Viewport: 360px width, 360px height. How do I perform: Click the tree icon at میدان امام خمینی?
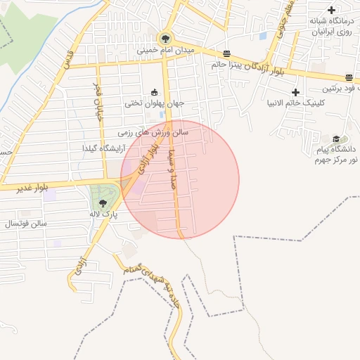pos(165,38)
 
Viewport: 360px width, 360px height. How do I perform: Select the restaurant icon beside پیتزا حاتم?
pos(226,54)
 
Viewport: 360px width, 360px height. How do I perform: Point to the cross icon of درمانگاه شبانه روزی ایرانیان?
pos(331,10)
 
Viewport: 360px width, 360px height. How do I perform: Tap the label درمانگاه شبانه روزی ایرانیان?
pos(332,27)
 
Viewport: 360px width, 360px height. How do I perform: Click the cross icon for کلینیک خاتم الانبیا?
pos(295,92)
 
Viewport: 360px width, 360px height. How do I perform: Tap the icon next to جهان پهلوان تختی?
pos(155,92)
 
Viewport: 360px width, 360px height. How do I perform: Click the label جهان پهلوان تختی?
pos(155,103)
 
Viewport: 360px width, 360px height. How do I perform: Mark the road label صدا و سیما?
pos(170,169)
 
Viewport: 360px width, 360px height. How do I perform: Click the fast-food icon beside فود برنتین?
pos(349,77)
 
